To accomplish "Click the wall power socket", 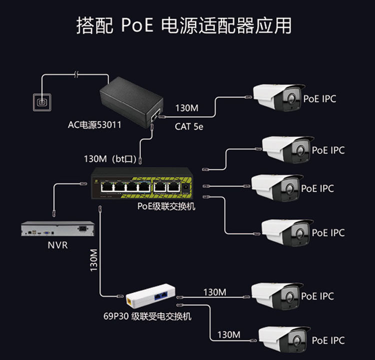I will (x=42, y=102).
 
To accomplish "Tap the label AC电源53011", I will (x=94, y=125).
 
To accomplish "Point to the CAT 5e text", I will (x=189, y=126).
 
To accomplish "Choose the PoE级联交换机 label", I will (x=166, y=206).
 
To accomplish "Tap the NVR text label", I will (x=57, y=245).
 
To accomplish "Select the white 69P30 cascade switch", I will (x=150, y=298).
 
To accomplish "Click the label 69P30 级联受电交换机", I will (x=147, y=316).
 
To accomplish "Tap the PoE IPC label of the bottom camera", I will (x=328, y=340).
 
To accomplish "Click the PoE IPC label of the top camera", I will (x=319, y=98).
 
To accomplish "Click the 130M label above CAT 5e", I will (x=186, y=108).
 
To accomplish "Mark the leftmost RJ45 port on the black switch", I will (x=106, y=187).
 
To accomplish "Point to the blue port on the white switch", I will (x=161, y=296).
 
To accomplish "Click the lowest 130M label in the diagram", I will (x=228, y=334).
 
